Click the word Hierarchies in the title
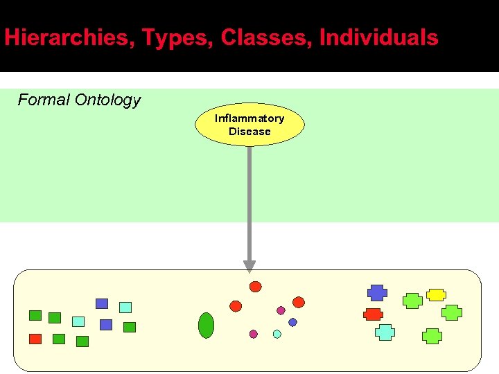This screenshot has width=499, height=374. coord(67,37)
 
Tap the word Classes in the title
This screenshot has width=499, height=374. coord(266,37)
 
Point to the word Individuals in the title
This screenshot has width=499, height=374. coord(378,37)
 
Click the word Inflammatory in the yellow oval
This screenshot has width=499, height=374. coord(249,118)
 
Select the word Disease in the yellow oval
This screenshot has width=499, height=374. coord(249,132)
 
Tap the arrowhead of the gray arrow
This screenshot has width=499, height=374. coord(249,267)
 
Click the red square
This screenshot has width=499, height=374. coord(35,339)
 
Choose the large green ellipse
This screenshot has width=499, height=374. coord(206,325)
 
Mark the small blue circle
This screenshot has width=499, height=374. coord(292,322)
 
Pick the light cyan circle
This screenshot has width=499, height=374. coord(277,334)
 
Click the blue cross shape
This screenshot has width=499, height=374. coord(377,292)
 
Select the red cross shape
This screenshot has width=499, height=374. coord(373,314)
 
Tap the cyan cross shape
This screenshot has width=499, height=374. coord(385,332)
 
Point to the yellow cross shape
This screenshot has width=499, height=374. coord(435,294)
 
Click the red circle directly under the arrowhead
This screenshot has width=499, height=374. coord(256,287)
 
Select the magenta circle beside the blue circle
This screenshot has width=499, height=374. coord(281,310)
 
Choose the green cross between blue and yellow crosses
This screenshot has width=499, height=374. coord(412,301)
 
